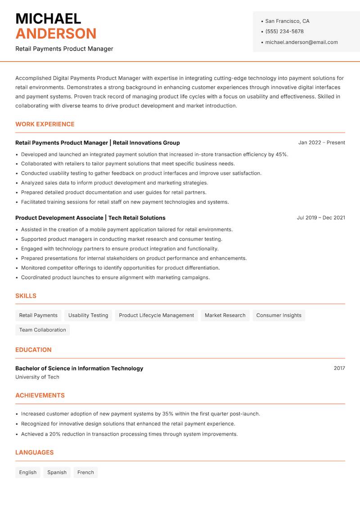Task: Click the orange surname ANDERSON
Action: coord(56,34)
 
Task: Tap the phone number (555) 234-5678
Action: coord(284,31)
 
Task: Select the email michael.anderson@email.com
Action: coord(301,42)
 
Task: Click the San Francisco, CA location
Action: coord(287,21)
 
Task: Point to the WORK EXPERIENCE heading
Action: coord(45,124)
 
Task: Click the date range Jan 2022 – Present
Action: coord(321,143)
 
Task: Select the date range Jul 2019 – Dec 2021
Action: coord(321,218)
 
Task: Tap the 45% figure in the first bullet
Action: coord(282,154)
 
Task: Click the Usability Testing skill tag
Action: coord(88,316)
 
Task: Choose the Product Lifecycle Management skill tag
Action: coord(156,316)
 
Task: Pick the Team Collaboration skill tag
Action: coord(42,330)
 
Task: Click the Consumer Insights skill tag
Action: coord(279,316)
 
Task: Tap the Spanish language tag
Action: coord(57,472)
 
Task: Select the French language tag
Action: coord(85,472)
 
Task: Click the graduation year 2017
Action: coord(339,368)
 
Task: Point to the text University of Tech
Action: coord(37,377)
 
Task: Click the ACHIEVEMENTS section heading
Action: coord(40,396)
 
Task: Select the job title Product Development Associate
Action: coord(59,218)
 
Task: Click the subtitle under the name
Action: coord(64,49)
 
